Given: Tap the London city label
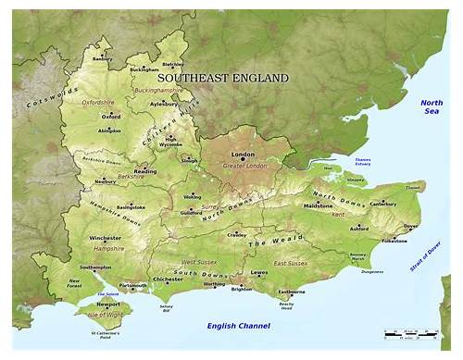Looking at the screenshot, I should pos(243,154).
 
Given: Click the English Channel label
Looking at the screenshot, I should pos(238,325).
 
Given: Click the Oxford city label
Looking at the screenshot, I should pos(111,118).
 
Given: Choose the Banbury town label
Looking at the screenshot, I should pos(103,59).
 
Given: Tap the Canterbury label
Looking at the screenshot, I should pos(383,203).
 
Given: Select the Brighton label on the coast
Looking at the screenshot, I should pos(241,289).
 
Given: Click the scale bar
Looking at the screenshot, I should pos(410,332).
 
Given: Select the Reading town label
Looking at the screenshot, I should pos(145,171).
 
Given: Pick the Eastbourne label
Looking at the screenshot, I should pos(292,292).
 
